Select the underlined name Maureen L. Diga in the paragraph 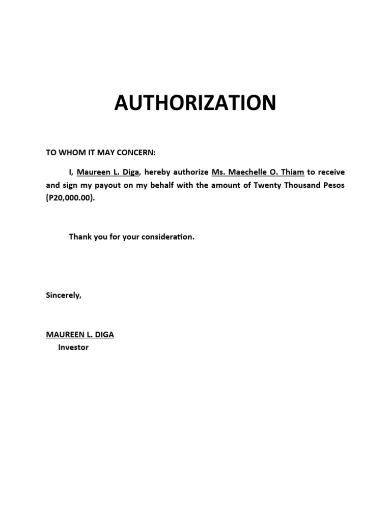107,172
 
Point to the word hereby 158,172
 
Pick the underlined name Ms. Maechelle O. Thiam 258,172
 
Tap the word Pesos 333,185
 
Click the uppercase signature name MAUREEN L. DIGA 80,335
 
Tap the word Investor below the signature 73,348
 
